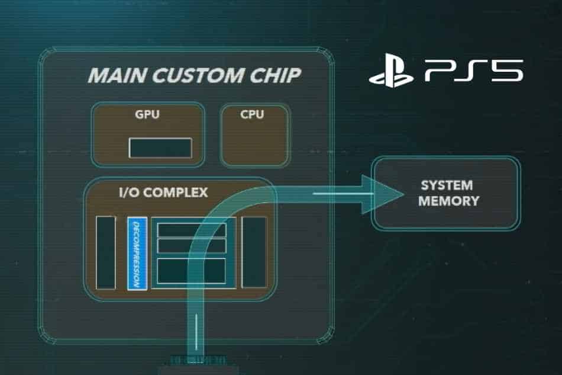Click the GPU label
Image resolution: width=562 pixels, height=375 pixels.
pyautogui.click(x=147, y=114)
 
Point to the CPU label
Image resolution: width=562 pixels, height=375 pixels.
pyautogui.click(x=253, y=114)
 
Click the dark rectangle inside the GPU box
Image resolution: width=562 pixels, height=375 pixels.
pyautogui.click(x=160, y=148)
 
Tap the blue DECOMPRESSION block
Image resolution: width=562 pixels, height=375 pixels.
pyautogui.click(x=137, y=254)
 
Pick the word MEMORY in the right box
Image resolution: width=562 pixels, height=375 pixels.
pyautogui.click(x=448, y=201)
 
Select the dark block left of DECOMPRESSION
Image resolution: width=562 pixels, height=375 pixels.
pyautogui.click(x=106, y=252)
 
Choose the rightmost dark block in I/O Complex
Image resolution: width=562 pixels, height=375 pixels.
pyautogui.click(x=254, y=252)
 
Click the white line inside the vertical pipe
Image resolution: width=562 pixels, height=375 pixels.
pyautogui.click(x=195, y=335)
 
